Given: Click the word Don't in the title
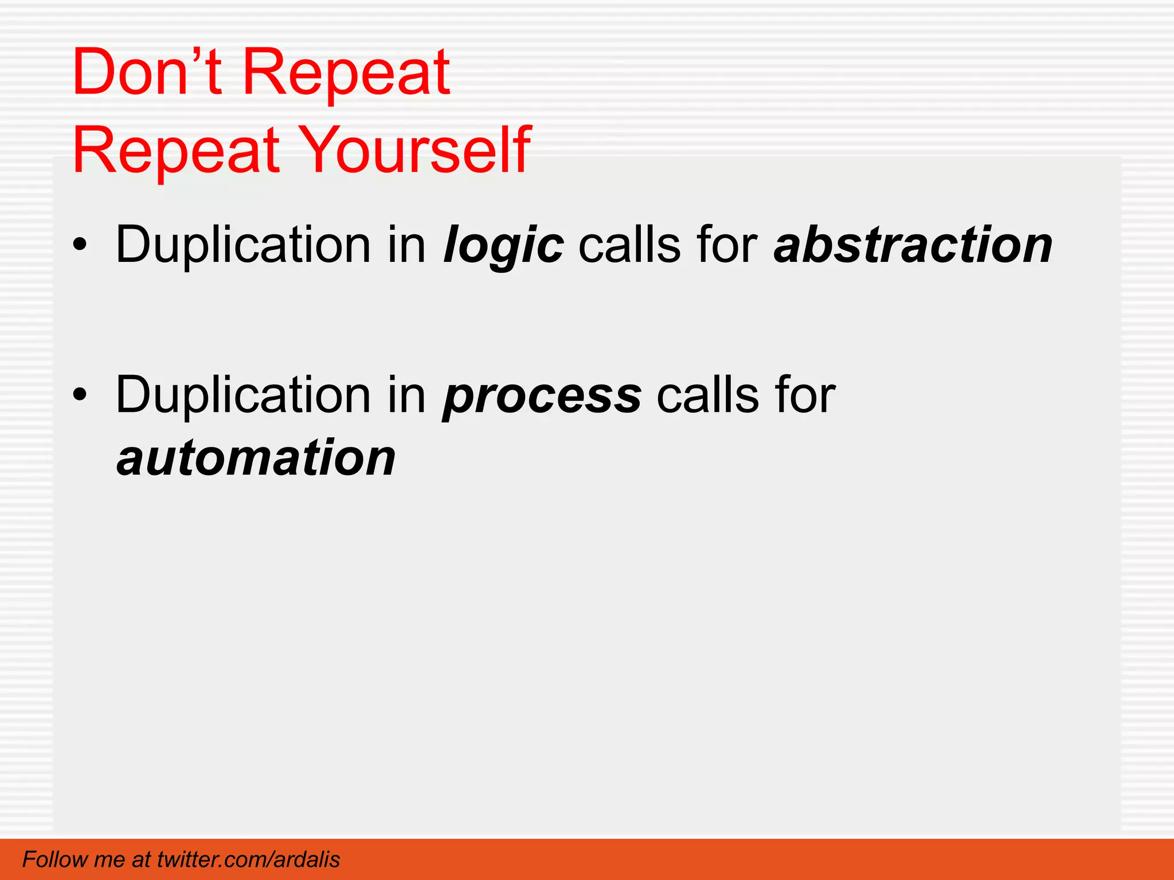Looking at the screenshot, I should click(x=147, y=72).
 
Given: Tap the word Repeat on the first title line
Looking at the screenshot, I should click(x=346, y=72).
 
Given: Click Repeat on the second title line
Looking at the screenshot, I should click(x=176, y=150).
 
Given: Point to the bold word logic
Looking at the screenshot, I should click(x=503, y=245).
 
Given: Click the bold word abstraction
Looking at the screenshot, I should click(x=913, y=245).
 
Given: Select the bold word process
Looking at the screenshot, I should click(x=542, y=395).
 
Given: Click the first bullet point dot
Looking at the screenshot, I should click(x=80, y=245).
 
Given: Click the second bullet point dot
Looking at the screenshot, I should click(x=80, y=395).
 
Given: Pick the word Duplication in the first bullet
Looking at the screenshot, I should click(x=243, y=245).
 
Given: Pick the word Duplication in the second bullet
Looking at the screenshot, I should click(x=243, y=395).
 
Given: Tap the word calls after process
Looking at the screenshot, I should click(x=707, y=395).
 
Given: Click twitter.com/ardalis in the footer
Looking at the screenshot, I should click(x=248, y=859).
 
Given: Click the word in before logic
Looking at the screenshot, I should click(x=406, y=245).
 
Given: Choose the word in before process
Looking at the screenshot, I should click(x=406, y=395).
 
